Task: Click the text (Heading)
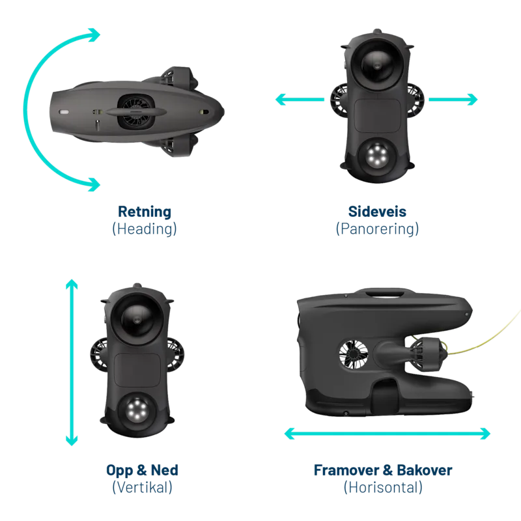(144, 229)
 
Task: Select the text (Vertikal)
(143, 486)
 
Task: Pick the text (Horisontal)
(383, 486)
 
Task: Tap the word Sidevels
(377, 212)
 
